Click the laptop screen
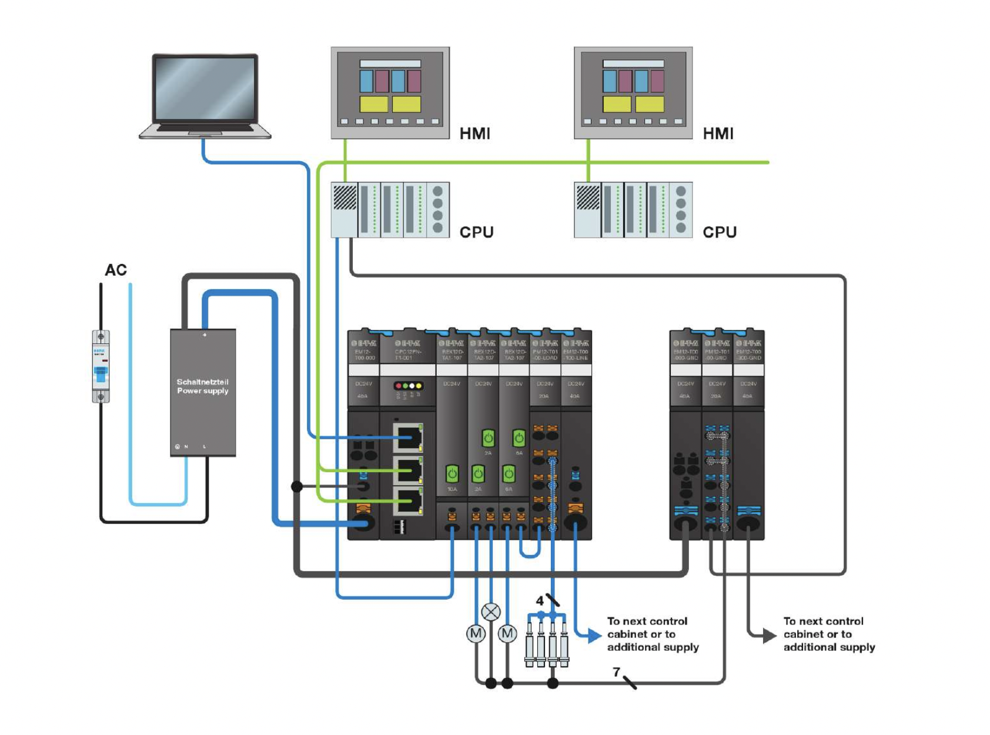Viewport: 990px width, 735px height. [x=205, y=89]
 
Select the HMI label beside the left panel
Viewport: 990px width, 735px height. [x=475, y=133]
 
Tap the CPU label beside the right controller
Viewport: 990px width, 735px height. [x=720, y=232]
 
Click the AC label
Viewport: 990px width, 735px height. [x=116, y=270]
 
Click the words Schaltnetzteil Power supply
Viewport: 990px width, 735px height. [x=203, y=386]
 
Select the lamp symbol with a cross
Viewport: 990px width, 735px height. [x=491, y=612]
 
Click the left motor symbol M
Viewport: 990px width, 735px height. [x=476, y=634]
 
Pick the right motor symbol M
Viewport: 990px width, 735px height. [x=507, y=634]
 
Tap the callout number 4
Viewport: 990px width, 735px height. [x=540, y=601]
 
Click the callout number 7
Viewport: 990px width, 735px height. [x=616, y=671]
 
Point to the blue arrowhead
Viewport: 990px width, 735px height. [x=594, y=635]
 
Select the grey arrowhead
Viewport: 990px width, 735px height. [x=769, y=635]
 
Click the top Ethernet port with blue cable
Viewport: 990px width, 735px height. [x=409, y=437]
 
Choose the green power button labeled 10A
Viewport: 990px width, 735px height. [x=452, y=474]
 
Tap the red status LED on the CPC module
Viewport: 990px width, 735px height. [x=399, y=386]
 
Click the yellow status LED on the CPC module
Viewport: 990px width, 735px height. [x=419, y=386]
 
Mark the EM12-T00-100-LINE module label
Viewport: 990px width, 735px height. [x=576, y=355]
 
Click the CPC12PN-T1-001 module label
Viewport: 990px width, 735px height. [x=407, y=355]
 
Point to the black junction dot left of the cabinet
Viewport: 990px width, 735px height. [x=297, y=486]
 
